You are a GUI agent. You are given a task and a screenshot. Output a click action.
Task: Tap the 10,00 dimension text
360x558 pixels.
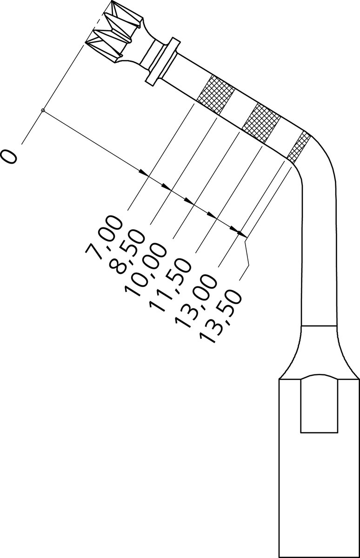(x=146, y=270)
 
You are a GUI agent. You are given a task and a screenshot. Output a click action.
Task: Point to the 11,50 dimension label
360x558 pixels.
(x=170, y=285)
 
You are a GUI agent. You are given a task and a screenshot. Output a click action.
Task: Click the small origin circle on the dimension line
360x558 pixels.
(x=43, y=110)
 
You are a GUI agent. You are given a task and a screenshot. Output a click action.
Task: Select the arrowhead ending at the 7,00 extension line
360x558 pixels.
(x=144, y=173)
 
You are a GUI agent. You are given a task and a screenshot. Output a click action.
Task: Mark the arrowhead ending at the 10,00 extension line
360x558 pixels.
(x=189, y=201)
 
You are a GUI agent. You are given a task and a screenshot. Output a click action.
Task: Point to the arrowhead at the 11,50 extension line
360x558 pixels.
(x=212, y=215)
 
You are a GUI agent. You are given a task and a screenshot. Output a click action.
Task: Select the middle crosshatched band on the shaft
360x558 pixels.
(x=261, y=123)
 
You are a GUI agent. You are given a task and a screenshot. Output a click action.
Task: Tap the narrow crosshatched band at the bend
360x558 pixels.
(x=299, y=147)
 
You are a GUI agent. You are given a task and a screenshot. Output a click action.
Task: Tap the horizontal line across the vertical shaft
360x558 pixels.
(x=319, y=326)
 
